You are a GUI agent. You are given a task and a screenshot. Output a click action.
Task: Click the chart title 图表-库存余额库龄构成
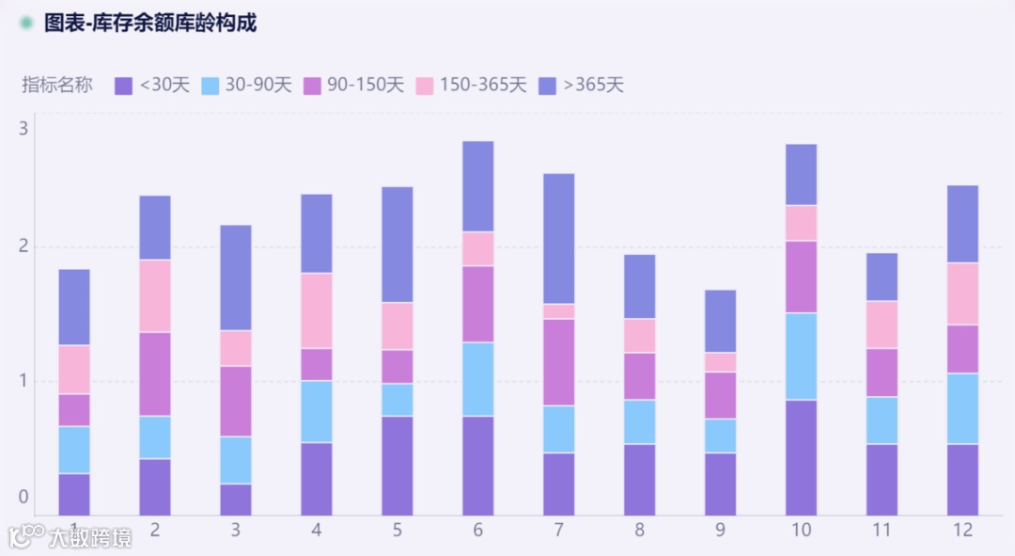click(150, 24)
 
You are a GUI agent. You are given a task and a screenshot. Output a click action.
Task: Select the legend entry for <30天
click(152, 86)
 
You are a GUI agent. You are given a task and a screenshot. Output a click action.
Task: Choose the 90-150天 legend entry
click(353, 86)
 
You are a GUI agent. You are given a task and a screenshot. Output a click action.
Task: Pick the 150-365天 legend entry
click(471, 86)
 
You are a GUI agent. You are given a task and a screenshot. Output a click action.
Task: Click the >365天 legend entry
click(582, 86)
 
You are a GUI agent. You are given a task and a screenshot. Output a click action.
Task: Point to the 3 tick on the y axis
click(23, 128)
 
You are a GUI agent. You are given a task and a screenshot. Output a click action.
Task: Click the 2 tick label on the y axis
click(23, 246)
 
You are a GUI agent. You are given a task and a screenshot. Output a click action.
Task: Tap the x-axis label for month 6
click(478, 531)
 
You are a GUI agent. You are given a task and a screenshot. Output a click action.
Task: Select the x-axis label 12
click(962, 531)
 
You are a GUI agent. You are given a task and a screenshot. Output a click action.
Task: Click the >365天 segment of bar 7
click(559, 238)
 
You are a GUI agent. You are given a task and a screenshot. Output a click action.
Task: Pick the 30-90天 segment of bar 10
click(801, 356)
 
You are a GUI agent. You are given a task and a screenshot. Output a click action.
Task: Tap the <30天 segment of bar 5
click(398, 465)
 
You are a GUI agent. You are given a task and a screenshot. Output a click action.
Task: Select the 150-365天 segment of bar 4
click(317, 310)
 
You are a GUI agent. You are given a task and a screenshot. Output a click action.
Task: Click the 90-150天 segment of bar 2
click(155, 373)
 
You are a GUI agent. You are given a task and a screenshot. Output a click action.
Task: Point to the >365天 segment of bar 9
click(721, 321)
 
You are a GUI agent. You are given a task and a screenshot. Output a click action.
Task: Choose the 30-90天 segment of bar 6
click(478, 378)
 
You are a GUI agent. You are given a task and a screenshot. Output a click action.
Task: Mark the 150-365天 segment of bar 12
click(962, 294)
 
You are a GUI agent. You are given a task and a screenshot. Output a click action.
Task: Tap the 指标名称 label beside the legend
click(57, 86)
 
